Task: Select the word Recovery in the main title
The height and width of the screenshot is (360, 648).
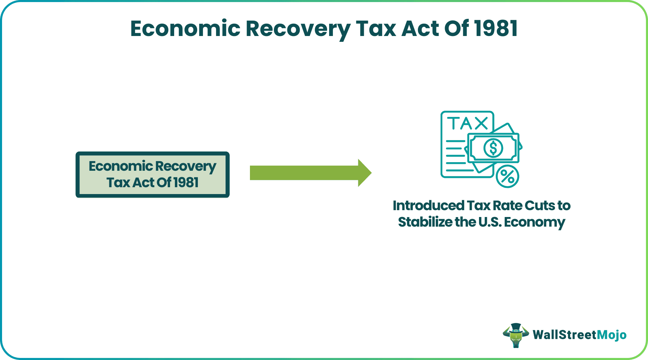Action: coord(298,29)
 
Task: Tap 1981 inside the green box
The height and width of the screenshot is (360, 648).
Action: coord(186,182)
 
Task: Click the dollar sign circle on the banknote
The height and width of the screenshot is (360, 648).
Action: coord(493,148)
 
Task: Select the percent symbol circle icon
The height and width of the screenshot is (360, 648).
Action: coord(507,177)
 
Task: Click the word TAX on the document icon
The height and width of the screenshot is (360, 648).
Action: coord(468,123)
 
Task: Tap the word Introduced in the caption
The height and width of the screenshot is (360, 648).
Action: coord(428,206)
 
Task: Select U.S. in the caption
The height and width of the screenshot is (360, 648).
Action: coord(490,222)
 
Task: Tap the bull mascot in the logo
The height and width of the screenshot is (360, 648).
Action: coord(515,335)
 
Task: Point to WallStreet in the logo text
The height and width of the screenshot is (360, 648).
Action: coord(565,335)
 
